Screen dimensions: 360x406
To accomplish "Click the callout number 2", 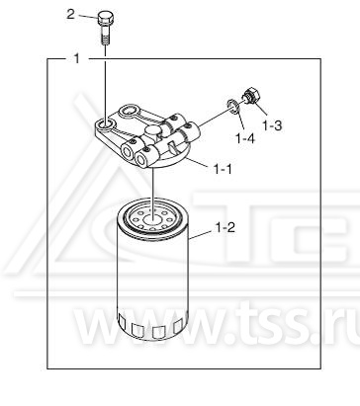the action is [x=70, y=15].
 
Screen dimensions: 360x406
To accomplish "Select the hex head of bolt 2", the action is [x=106, y=19].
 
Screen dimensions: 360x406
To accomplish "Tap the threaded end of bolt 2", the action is [x=105, y=40].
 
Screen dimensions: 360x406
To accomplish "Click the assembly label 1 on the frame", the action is [x=77, y=59].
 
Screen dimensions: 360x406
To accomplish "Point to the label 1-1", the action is [x=223, y=169].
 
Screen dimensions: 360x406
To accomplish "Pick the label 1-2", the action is [x=225, y=227].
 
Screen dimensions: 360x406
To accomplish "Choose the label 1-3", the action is [x=272, y=125].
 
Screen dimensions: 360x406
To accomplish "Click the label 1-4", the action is [x=245, y=138].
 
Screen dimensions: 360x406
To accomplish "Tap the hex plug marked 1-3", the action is [x=252, y=96].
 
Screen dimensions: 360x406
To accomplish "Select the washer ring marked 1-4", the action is [x=233, y=107].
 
